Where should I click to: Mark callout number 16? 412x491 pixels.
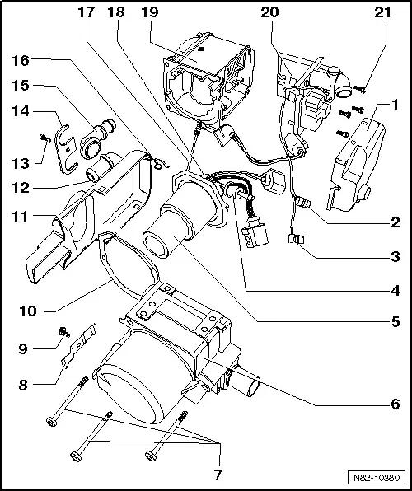click(21, 60)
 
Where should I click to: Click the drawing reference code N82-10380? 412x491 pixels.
click(376, 475)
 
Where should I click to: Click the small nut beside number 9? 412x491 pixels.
click(62, 332)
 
